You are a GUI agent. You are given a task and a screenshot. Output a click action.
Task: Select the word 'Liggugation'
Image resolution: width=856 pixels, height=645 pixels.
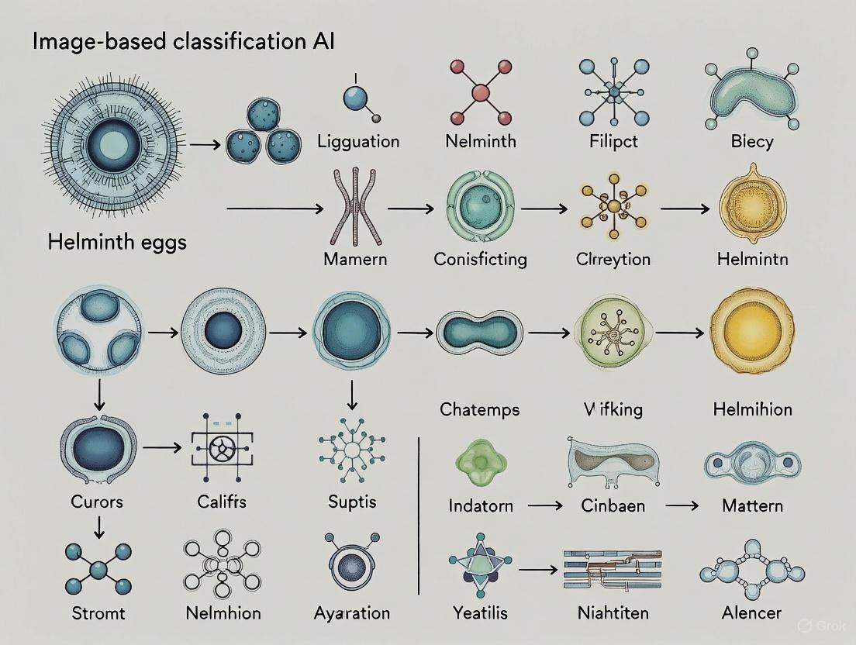pyautogui.click(x=358, y=141)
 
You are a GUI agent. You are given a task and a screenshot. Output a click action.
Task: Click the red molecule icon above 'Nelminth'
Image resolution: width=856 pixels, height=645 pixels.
pyautogui.click(x=481, y=92)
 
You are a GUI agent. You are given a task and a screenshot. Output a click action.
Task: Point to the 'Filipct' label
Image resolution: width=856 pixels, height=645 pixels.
pyautogui.click(x=614, y=142)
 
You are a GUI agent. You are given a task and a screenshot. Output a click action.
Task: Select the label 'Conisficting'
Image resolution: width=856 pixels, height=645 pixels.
pyautogui.click(x=480, y=258)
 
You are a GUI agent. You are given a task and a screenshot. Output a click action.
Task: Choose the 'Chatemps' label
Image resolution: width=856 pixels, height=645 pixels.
pyautogui.click(x=480, y=409)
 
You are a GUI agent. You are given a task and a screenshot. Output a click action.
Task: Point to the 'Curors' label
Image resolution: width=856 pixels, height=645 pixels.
pyautogui.click(x=97, y=502)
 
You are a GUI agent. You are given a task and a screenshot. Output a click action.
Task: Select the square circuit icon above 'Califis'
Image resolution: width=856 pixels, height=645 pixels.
pyautogui.click(x=222, y=447)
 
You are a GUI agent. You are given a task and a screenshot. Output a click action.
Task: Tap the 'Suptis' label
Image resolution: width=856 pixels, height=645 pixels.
pyautogui.click(x=352, y=502)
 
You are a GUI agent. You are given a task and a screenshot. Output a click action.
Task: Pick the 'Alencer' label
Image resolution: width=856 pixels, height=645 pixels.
pyautogui.click(x=751, y=612)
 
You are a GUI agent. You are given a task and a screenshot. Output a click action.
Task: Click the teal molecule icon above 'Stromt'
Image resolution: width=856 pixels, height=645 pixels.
pyautogui.click(x=98, y=570)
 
